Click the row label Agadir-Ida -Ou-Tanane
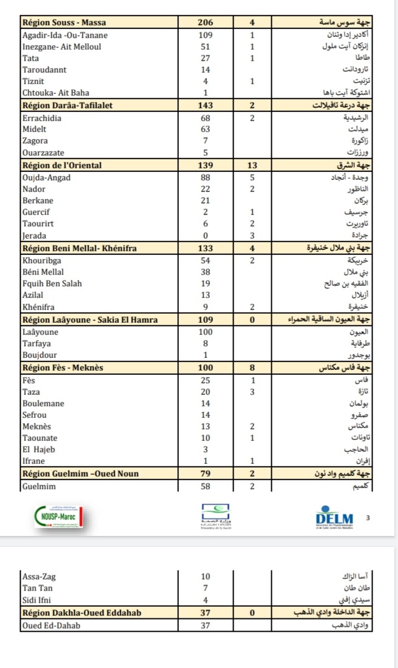click(x=64, y=35)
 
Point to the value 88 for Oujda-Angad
click(x=206, y=177)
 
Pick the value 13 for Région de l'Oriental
click(x=252, y=165)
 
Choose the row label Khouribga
click(x=43, y=260)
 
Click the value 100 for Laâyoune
click(x=206, y=331)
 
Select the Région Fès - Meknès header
click(x=62, y=367)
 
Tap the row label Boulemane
click(x=43, y=403)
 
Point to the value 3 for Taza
click(x=252, y=391)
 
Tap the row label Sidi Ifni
click(x=39, y=600)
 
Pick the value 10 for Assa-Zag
click(x=206, y=577)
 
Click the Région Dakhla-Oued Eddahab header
click(x=81, y=613)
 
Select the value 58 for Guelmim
click(x=206, y=486)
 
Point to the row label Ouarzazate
click(x=43, y=153)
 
